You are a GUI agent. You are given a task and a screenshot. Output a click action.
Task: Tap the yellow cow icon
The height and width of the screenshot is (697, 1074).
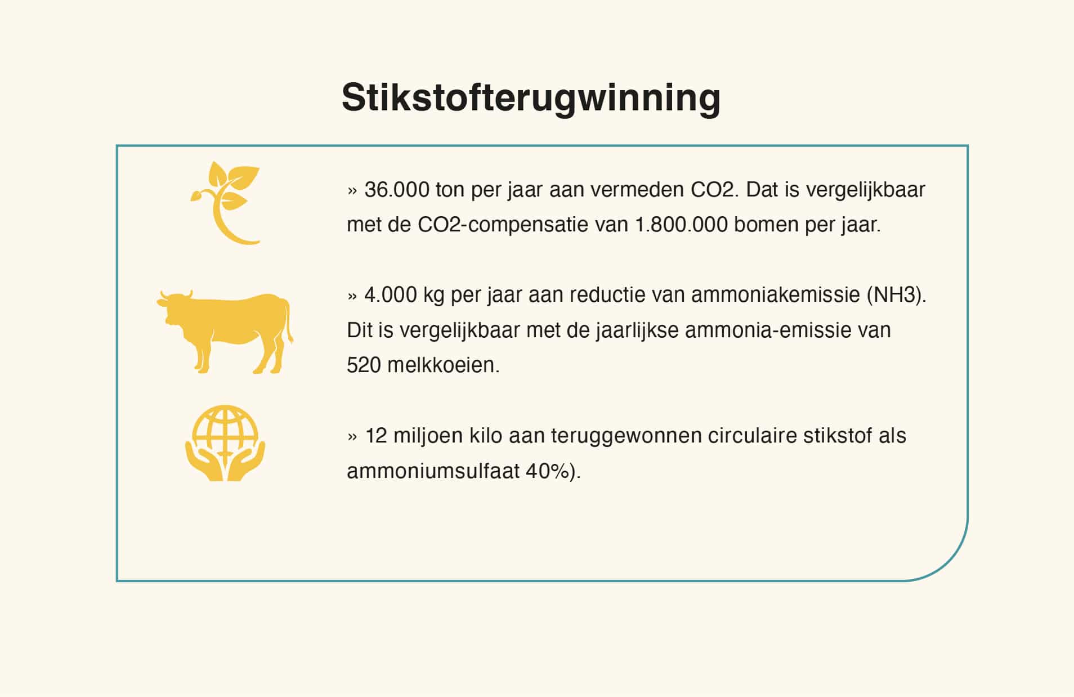(x=225, y=332)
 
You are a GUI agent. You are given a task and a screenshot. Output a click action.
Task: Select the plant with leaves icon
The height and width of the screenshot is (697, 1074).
(x=225, y=203)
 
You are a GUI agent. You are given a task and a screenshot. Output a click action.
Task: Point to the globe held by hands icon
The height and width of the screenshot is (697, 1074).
(x=225, y=443)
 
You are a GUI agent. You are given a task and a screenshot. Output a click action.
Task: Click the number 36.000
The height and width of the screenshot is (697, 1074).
(x=397, y=190)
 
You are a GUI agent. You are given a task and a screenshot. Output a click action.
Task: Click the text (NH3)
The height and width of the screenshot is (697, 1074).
(x=896, y=295)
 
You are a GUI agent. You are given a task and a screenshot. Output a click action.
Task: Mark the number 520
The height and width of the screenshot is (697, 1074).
(x=364, y=365)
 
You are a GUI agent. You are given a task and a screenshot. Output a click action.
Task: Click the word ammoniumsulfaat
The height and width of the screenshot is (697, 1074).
(x=433, y=471)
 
